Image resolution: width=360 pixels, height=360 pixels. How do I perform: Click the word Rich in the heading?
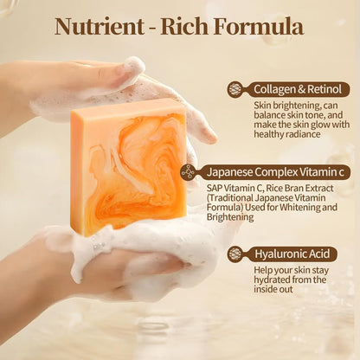click(x=188, y=25)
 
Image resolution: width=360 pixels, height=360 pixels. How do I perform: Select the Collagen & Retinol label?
click(x=300, y=89)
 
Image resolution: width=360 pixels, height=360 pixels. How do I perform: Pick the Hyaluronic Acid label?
click(x=292, y=254)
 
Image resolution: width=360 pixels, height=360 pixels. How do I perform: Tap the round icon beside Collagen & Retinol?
click(x=235, y=89)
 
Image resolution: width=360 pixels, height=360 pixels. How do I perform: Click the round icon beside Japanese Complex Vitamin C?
click(x=188, y=172)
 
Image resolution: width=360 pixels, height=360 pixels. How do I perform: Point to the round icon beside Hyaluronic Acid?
click(x=235, y=254)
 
